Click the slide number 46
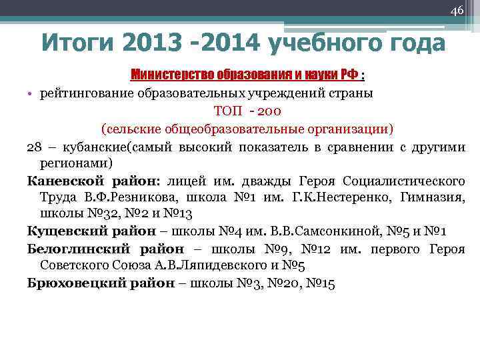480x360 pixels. pos(457,10)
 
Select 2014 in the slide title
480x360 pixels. pos(226,44)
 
